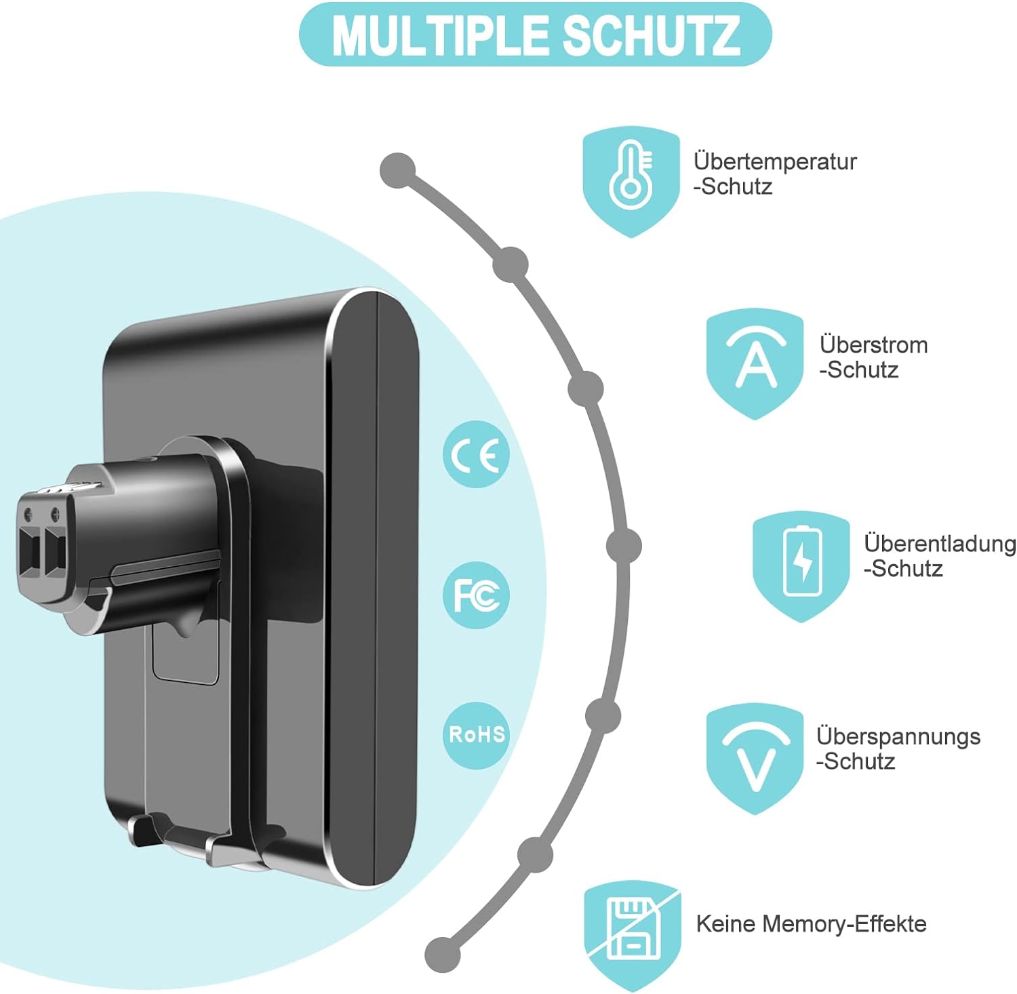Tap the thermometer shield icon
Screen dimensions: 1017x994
point(631,182)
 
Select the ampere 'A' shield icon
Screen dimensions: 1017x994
point(755,364)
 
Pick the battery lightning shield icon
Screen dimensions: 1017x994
point(801,567)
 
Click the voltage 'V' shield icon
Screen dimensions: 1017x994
point(755,759)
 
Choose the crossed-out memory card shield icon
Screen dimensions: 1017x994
point(632,936)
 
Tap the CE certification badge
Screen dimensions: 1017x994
point(477,454)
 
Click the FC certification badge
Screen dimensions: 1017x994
point(477,595)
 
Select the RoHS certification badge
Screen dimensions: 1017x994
point(477,735)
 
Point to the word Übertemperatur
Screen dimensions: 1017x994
point(775,161)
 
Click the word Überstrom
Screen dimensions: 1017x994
point(873,344)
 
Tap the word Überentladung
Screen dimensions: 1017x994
point(940,544)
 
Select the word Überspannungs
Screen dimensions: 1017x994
point(898,736)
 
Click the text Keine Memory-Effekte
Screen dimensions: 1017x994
point(811,923)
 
